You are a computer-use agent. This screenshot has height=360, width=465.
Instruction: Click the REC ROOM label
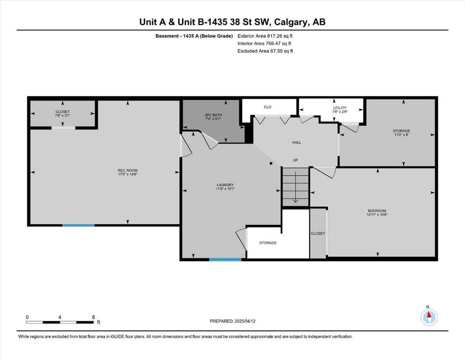click(x=127, y=170)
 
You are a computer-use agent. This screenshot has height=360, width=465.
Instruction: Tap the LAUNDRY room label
click(x=225, y=185)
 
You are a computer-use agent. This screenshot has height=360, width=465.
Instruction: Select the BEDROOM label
click(x=377, y=211)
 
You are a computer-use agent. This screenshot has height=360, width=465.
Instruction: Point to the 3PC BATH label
click(x=213, y=115)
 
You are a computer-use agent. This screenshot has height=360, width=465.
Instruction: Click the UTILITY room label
click(x=340, y=108)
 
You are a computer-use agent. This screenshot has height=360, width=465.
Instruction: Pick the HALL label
click(x=296, y=142)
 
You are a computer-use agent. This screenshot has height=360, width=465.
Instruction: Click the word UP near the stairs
click(x=295, y=160)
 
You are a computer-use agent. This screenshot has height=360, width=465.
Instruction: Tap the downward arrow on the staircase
click(x=295, y=187)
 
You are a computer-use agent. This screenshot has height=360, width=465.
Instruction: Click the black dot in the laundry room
click(x=271, y=163)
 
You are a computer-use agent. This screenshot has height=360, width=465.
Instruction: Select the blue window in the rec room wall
click(x=78, y=225)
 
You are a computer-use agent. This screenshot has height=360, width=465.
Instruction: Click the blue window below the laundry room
click(x=225, y=259)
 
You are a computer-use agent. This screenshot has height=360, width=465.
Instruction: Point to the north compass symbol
click(x=429, y=317)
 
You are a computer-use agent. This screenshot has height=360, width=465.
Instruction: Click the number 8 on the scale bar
click(x=93, y=317)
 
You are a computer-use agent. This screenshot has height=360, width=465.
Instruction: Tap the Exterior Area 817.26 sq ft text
click(x=265, y=36)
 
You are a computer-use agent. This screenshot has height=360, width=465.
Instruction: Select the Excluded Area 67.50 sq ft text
click(x=265, y=51)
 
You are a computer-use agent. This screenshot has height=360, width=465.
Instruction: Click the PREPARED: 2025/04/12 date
click(x=232, y=321)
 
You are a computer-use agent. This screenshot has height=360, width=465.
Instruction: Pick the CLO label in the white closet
click(x=267, y=107)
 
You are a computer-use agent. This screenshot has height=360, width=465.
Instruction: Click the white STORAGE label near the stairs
click(x=268, y=243)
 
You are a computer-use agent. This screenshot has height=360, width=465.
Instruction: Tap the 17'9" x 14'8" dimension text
click(x=127, y=174)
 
